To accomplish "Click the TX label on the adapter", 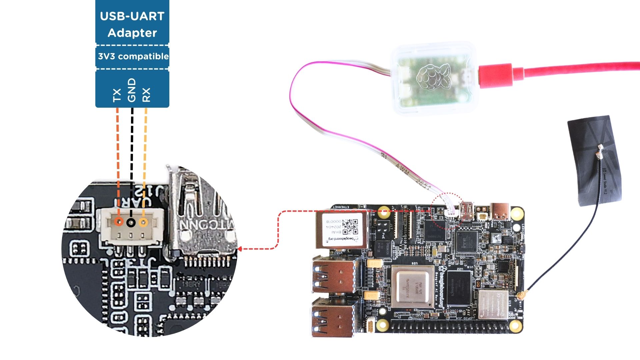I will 117,95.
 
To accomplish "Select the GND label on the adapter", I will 132,90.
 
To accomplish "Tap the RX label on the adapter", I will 146,95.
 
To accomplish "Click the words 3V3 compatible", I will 133,56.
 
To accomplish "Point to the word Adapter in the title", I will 132,33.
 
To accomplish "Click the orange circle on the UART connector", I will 118,222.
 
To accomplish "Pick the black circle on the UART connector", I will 131,222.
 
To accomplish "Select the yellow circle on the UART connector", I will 143,222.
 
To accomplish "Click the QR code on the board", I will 350,227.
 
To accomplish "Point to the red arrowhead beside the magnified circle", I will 240,249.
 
